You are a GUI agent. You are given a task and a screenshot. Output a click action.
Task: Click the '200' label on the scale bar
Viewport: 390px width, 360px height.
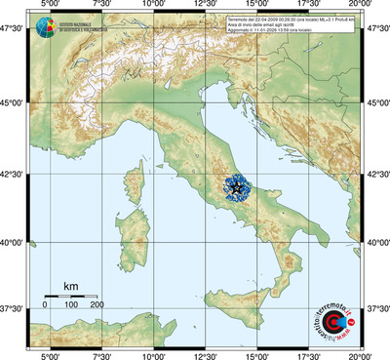tap(97, 305)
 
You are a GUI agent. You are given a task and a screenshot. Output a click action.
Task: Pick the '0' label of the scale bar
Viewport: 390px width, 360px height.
tap(45, 305)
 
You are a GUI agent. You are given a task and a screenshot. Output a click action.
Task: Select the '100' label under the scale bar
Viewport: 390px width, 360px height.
tap(71, 305)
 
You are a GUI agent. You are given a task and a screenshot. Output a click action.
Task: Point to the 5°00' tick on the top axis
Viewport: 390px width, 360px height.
tap(48, 6)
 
